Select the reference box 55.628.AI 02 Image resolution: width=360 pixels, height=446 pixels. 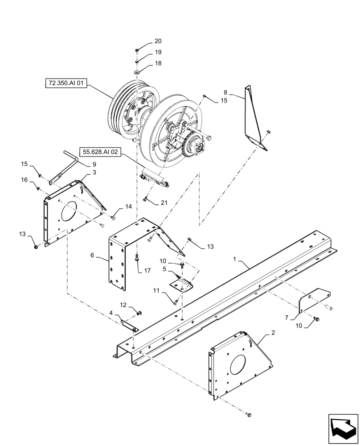click(x=101, y=152)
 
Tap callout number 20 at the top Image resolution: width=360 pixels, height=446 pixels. click(x=158, y=41)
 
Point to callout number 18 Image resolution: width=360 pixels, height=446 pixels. click(x=158, y=64)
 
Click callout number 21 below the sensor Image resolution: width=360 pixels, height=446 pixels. click(x=164, y=203)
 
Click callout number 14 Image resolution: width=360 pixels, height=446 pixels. click(x=128, y=206)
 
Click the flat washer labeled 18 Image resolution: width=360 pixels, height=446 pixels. click(x=137, y=72)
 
